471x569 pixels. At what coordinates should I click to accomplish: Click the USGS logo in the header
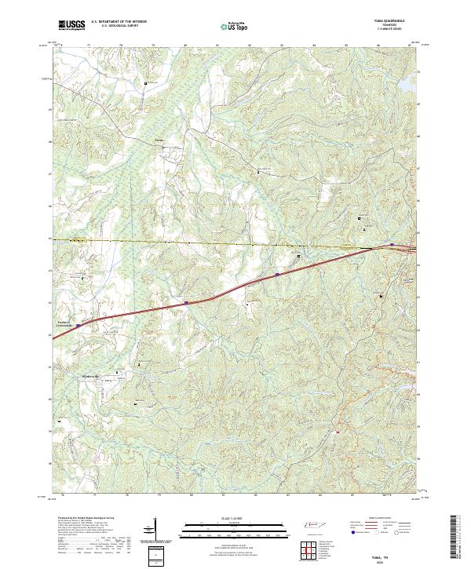pos(71,26)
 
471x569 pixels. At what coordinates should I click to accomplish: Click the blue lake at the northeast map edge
pos(409,81)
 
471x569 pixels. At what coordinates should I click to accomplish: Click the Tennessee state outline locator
pos(312,525)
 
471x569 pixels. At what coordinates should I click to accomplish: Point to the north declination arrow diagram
pos(155,531)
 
